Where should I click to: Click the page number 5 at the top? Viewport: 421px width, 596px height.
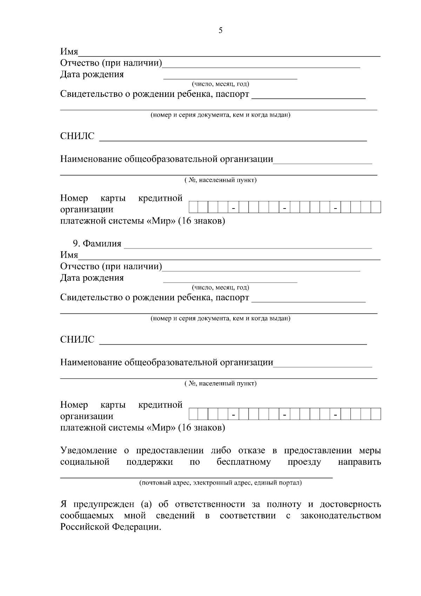point(220,31)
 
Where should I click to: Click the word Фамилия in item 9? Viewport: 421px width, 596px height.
point(102,244)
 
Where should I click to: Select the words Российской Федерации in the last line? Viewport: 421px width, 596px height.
point(111,527)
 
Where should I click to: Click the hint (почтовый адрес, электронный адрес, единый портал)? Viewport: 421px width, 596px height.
point(220,483)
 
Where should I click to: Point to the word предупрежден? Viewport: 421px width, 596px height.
point(104,505)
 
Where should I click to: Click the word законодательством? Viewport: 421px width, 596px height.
point(340,516)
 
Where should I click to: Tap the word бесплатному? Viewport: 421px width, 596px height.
point(243,462)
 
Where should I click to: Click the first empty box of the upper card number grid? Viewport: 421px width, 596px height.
point(194,207)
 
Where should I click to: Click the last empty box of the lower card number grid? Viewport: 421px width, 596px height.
point(376,414)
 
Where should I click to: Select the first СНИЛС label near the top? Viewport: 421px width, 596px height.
point(78,136)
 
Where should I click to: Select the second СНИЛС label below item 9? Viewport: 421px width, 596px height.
point(78,339)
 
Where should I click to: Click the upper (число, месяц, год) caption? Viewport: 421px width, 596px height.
point(220,84)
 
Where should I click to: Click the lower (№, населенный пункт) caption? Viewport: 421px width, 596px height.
point(220,383)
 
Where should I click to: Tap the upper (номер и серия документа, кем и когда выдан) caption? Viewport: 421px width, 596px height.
point(220,115)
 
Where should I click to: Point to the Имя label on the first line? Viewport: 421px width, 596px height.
point(69,52)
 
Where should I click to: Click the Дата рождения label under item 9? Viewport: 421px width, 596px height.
point(92,278)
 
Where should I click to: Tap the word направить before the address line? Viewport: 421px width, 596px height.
point(359,462)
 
